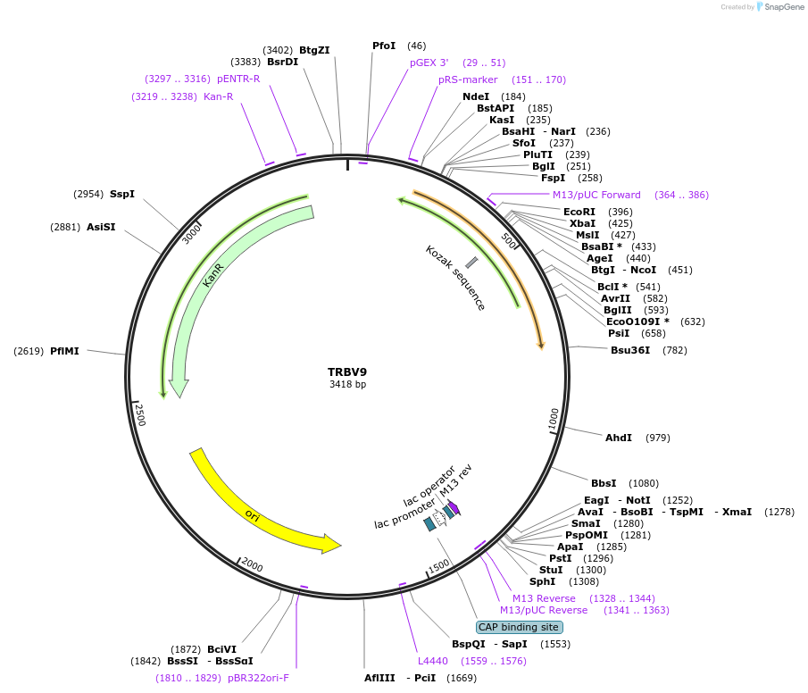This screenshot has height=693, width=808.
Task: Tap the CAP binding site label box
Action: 519,627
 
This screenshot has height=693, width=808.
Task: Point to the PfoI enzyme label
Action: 384,46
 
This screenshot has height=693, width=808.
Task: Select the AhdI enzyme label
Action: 619,438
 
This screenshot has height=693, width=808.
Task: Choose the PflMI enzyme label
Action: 64,351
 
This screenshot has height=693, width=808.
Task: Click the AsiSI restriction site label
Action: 101,227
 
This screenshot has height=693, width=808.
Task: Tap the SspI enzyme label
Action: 121,194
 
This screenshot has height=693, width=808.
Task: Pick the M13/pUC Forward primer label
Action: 596,195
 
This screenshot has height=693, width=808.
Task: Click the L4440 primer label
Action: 433,661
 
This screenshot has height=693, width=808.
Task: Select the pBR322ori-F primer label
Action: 258,678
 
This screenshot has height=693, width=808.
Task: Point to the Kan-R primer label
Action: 218,96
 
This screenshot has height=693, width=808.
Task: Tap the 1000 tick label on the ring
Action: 554,419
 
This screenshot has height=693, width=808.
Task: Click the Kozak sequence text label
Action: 455,278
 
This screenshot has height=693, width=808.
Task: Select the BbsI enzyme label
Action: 604,483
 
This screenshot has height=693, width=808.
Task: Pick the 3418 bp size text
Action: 347,385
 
